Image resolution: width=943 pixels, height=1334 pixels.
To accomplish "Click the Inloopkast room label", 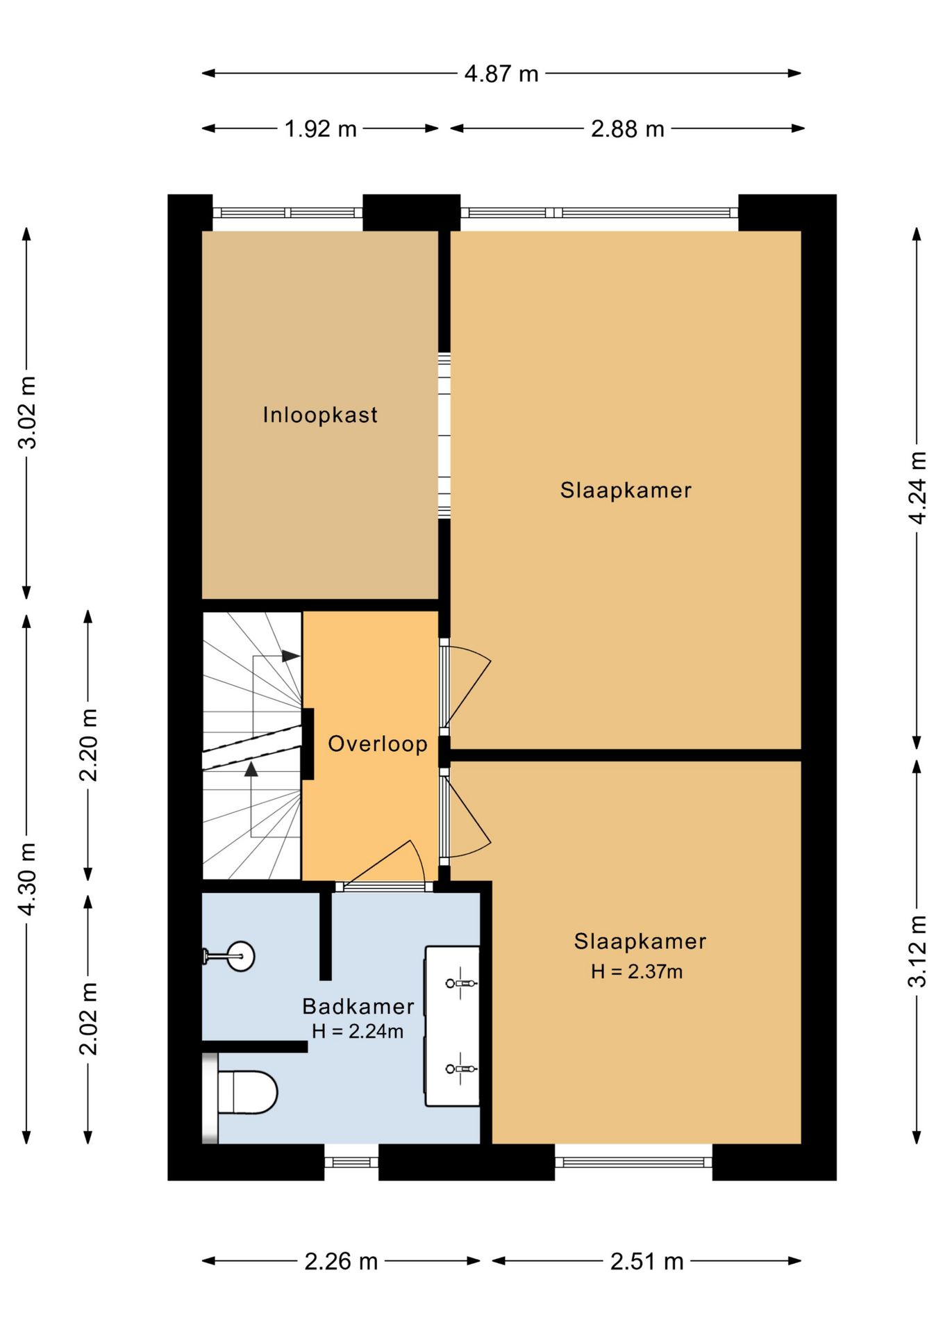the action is click(x=320, y=415).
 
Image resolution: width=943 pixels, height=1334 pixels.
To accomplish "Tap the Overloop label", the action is click(x=378, y=743).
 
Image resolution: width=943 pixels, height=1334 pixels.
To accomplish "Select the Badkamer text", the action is click(x=358, y=1006).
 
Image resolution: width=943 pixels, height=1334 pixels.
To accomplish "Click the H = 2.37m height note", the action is click(x=637, y=971).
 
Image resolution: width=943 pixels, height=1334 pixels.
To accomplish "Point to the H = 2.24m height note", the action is click(x=358, y=1031).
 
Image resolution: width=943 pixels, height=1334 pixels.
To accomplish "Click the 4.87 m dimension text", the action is click(x=501, y=74).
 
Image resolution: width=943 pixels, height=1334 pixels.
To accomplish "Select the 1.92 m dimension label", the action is click(x=320, y=129).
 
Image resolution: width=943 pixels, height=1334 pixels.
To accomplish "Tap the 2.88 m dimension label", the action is click(x=628, y=129).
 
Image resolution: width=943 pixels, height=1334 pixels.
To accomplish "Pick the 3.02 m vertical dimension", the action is click(x=27, y=413).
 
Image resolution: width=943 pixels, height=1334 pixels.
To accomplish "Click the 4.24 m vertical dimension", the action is click(x=917, y=488).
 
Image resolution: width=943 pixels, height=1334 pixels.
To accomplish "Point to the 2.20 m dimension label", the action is click(x=88, y=746).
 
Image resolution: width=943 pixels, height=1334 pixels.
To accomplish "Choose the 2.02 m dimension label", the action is click(x=88, y=1019).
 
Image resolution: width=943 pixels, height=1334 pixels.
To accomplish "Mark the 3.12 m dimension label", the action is click(x=917, y=951).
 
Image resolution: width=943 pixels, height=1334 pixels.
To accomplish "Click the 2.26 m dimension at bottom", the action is click(x=341, y=1261).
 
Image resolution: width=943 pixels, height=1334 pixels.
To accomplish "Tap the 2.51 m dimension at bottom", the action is click(x=647, y=1261).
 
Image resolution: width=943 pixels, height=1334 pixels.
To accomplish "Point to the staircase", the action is click(x=252, y=746).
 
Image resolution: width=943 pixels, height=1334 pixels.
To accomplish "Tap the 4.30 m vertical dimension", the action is click(x=27, y=879).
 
